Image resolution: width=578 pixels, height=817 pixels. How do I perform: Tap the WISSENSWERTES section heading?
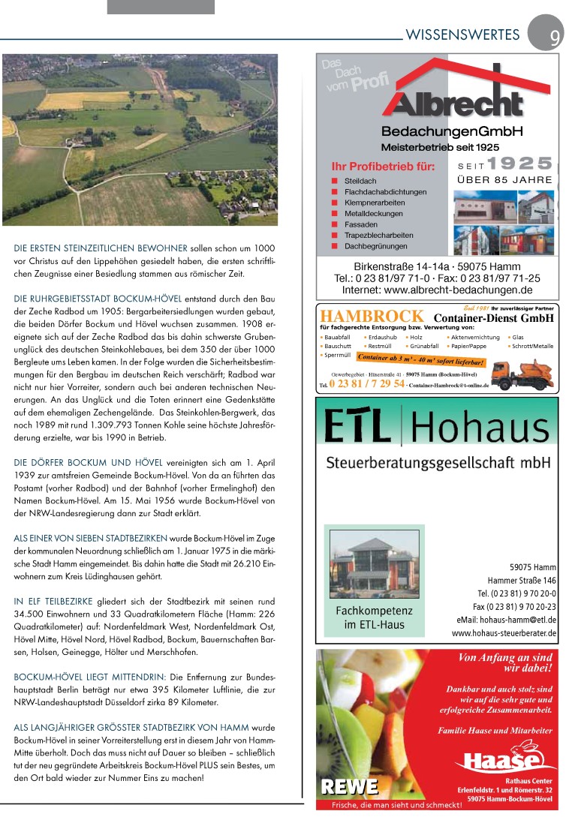[462, 35]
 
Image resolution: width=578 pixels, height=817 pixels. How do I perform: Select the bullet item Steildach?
[360, 182]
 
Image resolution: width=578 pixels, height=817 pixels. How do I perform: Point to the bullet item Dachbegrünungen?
[375, 246]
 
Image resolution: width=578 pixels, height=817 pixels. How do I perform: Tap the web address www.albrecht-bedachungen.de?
[437, 290]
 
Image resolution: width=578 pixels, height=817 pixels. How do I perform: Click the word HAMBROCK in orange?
[371, 317]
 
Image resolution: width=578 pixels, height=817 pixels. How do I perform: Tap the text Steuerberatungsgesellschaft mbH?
[438, 463]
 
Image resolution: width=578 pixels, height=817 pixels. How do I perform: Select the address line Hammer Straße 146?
[522, 581]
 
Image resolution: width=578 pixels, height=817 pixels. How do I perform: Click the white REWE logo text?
[350, 785]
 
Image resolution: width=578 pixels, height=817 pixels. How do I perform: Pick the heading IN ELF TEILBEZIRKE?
[53, 602]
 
